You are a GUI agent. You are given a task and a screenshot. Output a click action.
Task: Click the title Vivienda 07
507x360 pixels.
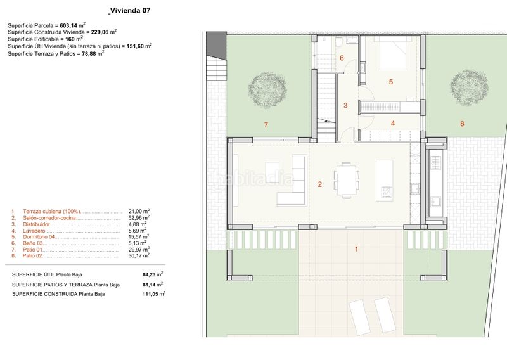131,10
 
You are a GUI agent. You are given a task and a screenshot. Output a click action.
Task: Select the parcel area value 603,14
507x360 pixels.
68,25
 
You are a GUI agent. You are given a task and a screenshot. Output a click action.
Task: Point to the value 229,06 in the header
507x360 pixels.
99,32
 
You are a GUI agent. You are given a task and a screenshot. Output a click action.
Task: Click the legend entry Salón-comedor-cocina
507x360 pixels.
49,217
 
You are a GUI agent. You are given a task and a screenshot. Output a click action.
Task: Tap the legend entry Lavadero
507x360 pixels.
34,231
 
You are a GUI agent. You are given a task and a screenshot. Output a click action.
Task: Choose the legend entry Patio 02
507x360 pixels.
32,255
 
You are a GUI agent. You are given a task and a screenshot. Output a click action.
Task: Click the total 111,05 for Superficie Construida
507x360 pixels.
150,294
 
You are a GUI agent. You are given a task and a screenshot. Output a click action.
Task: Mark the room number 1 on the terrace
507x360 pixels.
356,249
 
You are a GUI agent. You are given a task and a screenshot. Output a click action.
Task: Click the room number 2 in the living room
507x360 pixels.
320,184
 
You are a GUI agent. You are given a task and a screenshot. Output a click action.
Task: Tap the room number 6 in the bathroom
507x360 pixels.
342,58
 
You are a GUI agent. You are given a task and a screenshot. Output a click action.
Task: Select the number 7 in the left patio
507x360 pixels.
266,124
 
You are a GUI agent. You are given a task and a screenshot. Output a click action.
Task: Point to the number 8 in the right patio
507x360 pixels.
462,124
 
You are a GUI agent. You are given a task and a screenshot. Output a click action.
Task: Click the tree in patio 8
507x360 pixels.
469,88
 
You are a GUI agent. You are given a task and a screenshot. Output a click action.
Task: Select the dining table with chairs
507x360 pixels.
346,180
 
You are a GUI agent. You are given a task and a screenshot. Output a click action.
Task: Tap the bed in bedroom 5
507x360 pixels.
392,53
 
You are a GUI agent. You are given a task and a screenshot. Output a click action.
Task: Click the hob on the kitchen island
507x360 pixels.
386,191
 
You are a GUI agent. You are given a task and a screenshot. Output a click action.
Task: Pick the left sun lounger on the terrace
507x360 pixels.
359,318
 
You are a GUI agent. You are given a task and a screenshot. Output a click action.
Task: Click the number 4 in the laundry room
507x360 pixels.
393,123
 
